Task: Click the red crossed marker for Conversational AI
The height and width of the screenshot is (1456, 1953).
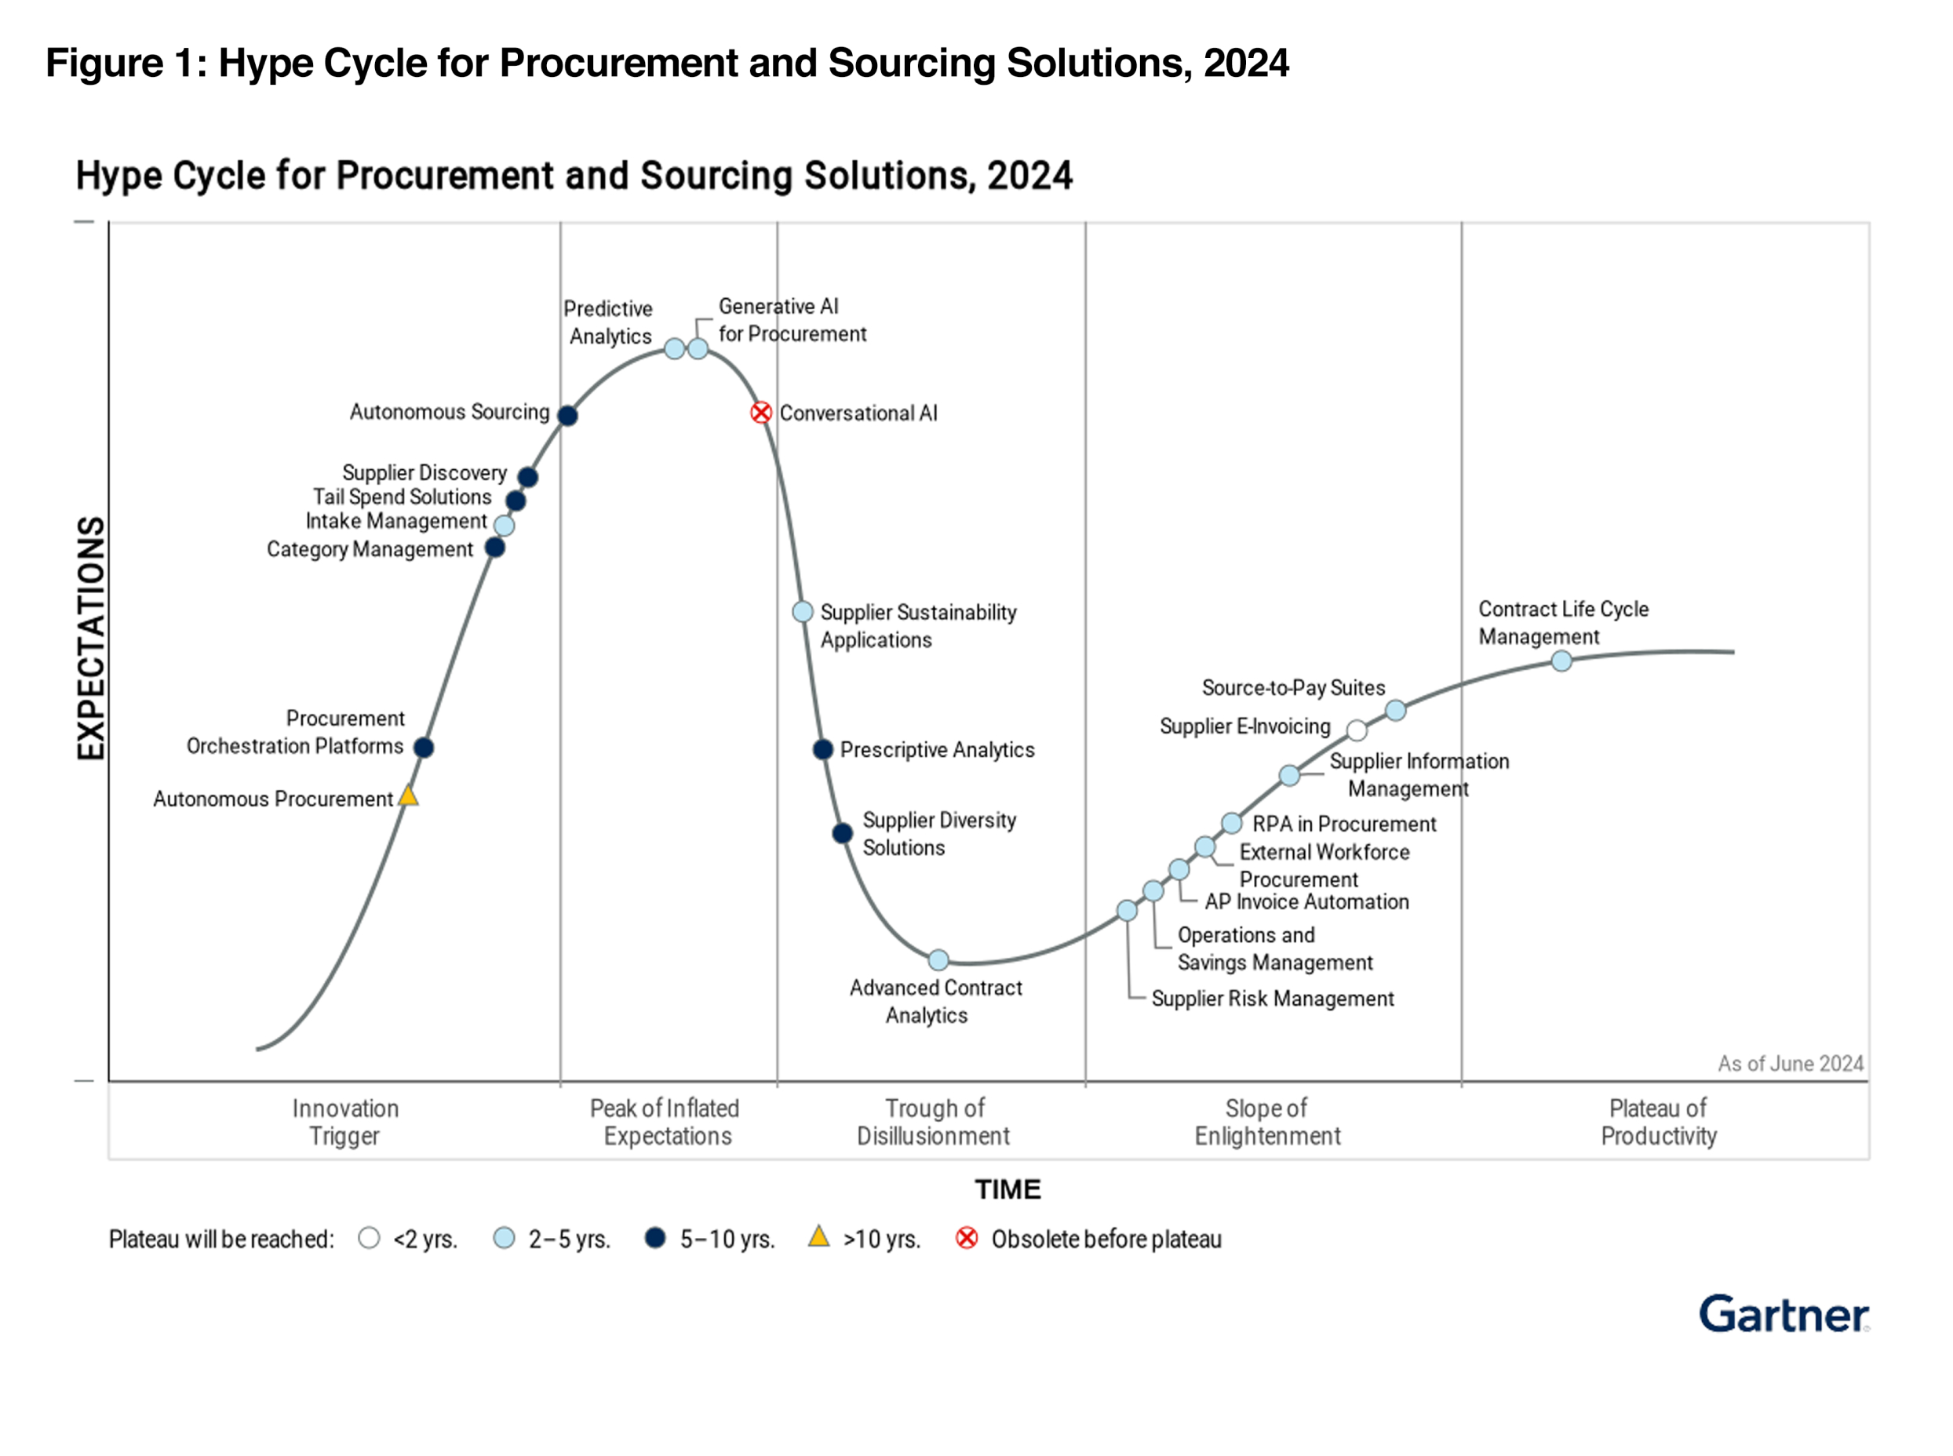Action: tap(760, 413)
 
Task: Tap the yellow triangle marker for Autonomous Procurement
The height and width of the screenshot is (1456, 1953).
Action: tap(408, 796)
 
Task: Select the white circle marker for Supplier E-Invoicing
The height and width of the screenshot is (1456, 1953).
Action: tap(1357, 730)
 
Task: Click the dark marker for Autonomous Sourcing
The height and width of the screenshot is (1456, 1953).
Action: tap(567, 415)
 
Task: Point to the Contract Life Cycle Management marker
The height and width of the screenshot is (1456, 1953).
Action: tap(1561, 660)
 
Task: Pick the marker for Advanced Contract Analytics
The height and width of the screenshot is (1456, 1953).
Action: tap(938, 959)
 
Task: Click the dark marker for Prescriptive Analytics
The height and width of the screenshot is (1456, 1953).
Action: tap(822, 749)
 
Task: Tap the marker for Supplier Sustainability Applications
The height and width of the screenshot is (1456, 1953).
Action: tap(802, 612)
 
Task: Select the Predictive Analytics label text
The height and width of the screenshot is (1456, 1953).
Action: tap(609, 322)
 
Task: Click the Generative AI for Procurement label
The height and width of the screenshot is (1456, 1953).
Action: tap(792, 320)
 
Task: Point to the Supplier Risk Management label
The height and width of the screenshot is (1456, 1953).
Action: tap(1272, 999)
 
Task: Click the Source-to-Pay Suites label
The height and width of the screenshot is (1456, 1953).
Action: tap(1293, 687)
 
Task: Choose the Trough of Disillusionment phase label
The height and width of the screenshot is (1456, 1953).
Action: tap(933, 1122)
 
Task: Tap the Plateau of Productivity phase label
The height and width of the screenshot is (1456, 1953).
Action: tap(1658, 1122)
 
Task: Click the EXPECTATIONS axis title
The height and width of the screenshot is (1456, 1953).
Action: tap(91, 638)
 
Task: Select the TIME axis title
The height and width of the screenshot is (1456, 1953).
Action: tap(1007, 1190)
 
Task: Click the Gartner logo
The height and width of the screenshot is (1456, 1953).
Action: tap(1783, 1314)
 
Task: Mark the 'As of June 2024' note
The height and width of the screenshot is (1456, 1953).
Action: tap(1790, 1064)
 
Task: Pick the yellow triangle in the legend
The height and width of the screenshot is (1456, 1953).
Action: tap(818, 1236)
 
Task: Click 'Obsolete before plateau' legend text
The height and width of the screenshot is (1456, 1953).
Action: tap(1106, 1239)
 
